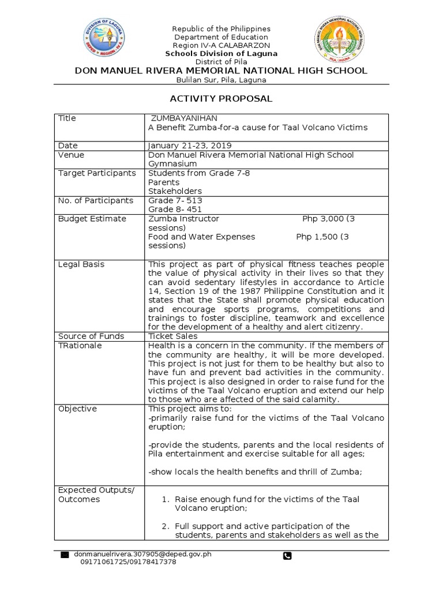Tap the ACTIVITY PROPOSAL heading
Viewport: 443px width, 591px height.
pyautogui.click(x=221, y=99)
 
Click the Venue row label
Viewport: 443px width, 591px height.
pyautogui.click(x=71, y=155)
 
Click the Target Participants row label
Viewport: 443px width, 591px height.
pyautogui.click(x=97, y=173)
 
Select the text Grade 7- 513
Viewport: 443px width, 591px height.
pyautogui.click(x=175, y=200)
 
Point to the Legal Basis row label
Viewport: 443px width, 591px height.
pyautogui.click(x=81, y=264)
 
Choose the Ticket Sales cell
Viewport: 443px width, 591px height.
pyautogui.click(x=173, y=336)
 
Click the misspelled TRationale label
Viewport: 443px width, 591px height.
pyautogui.click(x=80, y=345)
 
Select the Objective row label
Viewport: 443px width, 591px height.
pyautogui.click(x=77, y=409)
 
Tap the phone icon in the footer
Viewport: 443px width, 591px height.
pyautogui.click(x=287, y=556)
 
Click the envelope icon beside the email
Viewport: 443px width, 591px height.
pyautogui.click(x=65, y=555)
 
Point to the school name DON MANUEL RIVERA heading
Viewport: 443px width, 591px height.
pyautogui.click(x=221, y=70)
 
